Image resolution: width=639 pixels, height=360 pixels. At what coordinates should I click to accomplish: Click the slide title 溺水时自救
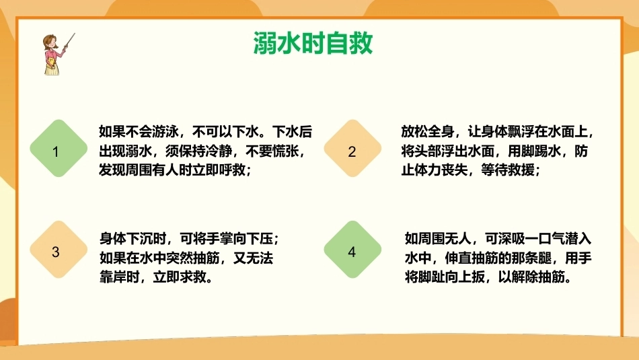pos(313,43)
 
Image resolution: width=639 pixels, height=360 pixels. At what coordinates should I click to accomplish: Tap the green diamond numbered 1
pos(59,149)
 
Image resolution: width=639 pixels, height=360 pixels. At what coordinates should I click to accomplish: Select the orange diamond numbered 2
pos(352,149)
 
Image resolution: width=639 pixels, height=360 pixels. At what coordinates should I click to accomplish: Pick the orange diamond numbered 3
pos(59,250)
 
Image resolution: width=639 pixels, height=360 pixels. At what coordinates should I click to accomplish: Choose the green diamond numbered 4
pos(352,250)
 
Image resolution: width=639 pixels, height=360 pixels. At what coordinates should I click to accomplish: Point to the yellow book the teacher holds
pos(51,63)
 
